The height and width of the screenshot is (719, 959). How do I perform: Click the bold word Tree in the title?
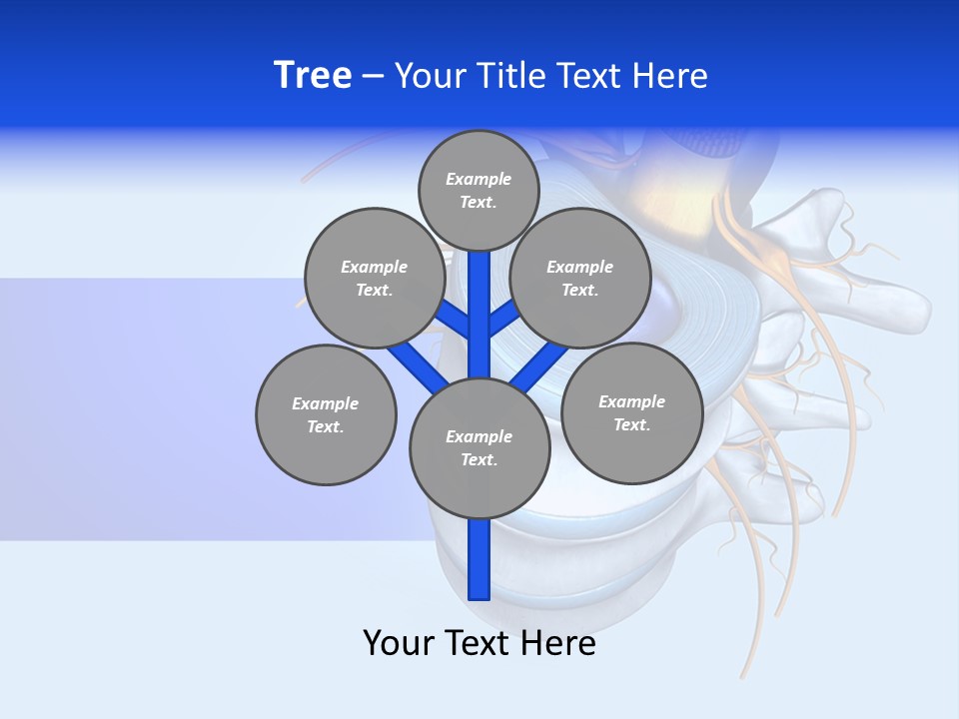(x=313, y=76)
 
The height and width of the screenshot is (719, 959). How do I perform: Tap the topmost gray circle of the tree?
(x=479, y=190)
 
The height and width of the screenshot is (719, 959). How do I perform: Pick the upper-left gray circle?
(x=374, y=278)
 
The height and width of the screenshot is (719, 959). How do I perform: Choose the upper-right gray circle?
(x=580, y=278)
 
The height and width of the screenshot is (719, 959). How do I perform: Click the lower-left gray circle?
(x=326, y=414)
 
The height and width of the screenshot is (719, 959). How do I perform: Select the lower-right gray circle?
(x=631, y=412)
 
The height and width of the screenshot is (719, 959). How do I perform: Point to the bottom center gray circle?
(x=479, y=447)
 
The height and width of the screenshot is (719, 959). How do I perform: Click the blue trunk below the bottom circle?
(x=479, y=559)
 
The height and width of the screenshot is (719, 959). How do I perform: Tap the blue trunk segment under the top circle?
(x=479, y=300)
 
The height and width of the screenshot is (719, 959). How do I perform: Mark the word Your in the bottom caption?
(x=400, y=643)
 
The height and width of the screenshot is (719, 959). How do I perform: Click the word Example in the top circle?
(x=479, y=179)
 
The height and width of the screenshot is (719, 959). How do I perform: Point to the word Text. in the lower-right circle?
(x=631, y=424)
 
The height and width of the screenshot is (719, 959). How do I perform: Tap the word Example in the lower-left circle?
(x=326, y=403)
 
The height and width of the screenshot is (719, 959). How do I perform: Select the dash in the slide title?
(x=374, y=76)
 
